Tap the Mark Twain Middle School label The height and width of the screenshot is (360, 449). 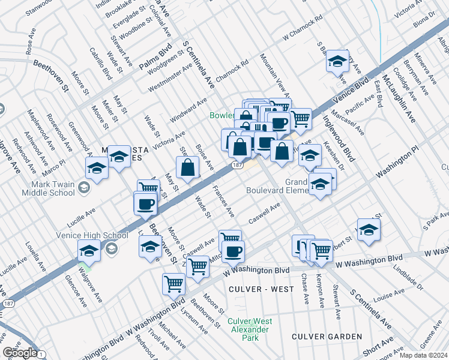47,188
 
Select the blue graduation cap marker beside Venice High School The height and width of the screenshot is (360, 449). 89,251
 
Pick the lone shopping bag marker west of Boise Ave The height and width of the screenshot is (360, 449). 188,168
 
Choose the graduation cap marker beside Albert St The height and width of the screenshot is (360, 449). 368,229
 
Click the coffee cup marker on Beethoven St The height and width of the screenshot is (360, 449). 145,205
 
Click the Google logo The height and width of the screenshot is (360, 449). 20,352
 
